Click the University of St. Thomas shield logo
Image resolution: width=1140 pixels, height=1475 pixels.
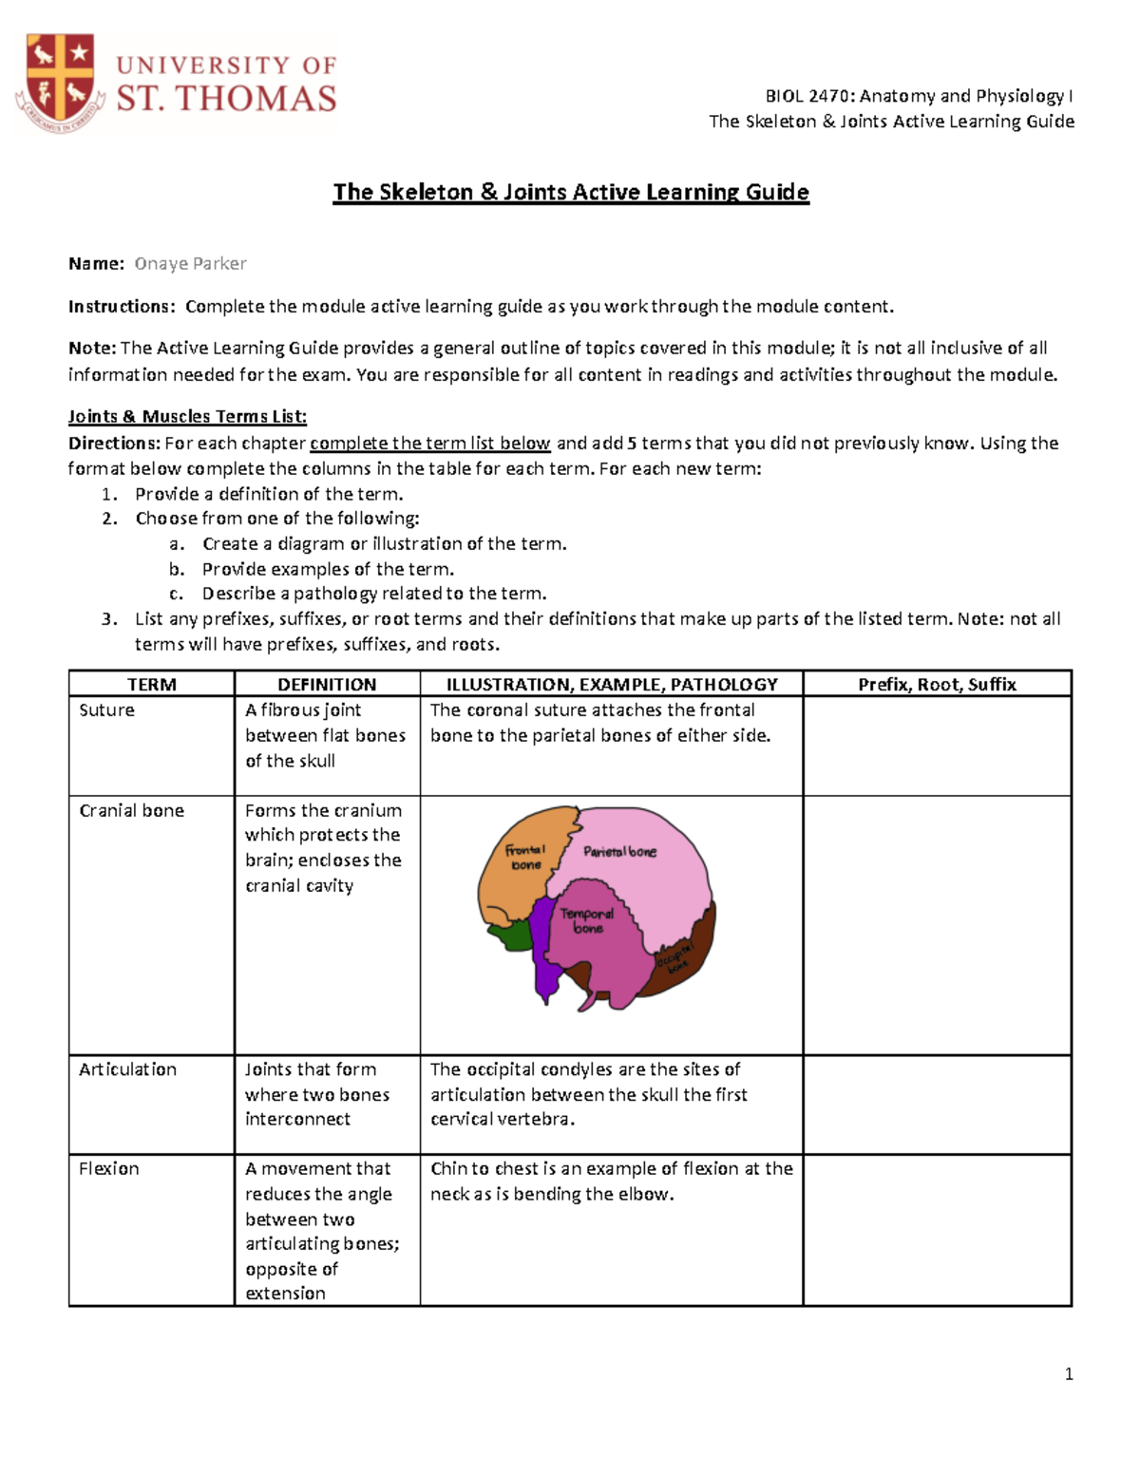[59, 84]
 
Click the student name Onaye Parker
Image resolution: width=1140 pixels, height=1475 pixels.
[190, 264]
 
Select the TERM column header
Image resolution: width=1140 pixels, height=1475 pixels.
[151, 684]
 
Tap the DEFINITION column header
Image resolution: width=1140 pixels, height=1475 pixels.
[327, 684]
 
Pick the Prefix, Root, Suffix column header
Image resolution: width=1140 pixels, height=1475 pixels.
[937, 684]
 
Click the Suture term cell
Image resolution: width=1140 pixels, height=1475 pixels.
[106, 710]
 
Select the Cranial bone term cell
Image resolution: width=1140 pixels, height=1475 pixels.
[131, 810]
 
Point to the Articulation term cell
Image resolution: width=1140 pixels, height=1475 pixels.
[127, 1069]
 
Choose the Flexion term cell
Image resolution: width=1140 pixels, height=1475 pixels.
[108, 1169]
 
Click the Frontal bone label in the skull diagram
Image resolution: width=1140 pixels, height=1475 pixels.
[525, 857]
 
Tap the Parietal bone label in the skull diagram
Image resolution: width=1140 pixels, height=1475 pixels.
[619, 852]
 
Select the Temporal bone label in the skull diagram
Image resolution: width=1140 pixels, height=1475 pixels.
[587, 920]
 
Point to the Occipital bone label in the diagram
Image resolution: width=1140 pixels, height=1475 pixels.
[675, 957]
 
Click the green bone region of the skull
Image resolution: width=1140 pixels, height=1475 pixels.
[508, 936]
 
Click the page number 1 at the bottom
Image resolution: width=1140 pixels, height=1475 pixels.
[1069, 1373]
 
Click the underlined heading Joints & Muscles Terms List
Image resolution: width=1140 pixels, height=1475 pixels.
[187, 417]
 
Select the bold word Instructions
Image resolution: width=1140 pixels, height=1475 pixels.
[121, 307]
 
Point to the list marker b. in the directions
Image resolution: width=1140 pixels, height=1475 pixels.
[177, 569]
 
